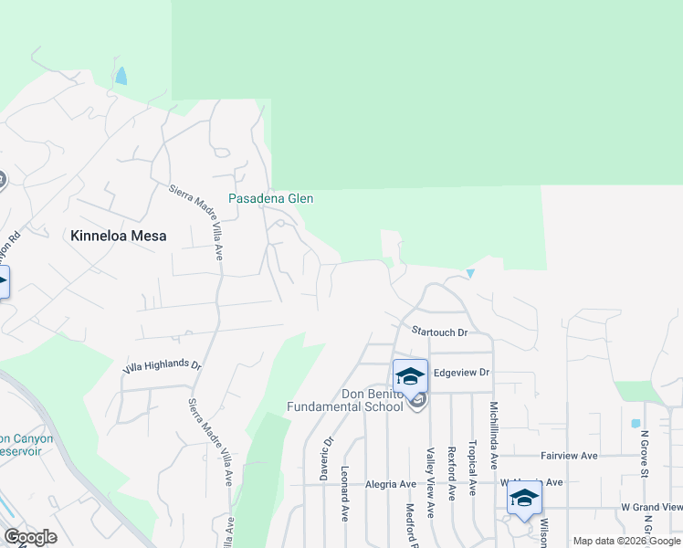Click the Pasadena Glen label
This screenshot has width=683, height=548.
270,199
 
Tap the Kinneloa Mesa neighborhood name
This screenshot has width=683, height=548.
119,236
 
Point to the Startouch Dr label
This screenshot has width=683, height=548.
439,333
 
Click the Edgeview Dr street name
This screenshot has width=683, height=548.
462,373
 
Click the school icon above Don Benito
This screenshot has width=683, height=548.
410,374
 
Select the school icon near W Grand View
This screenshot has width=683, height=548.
524,499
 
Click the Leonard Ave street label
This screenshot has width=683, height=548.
345,494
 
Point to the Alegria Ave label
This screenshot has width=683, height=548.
391,484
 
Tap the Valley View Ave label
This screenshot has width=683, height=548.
429,482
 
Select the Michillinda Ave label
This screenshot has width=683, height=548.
494,434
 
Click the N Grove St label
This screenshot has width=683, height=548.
644,455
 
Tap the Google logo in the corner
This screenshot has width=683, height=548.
30,537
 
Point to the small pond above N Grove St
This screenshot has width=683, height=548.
635,424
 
